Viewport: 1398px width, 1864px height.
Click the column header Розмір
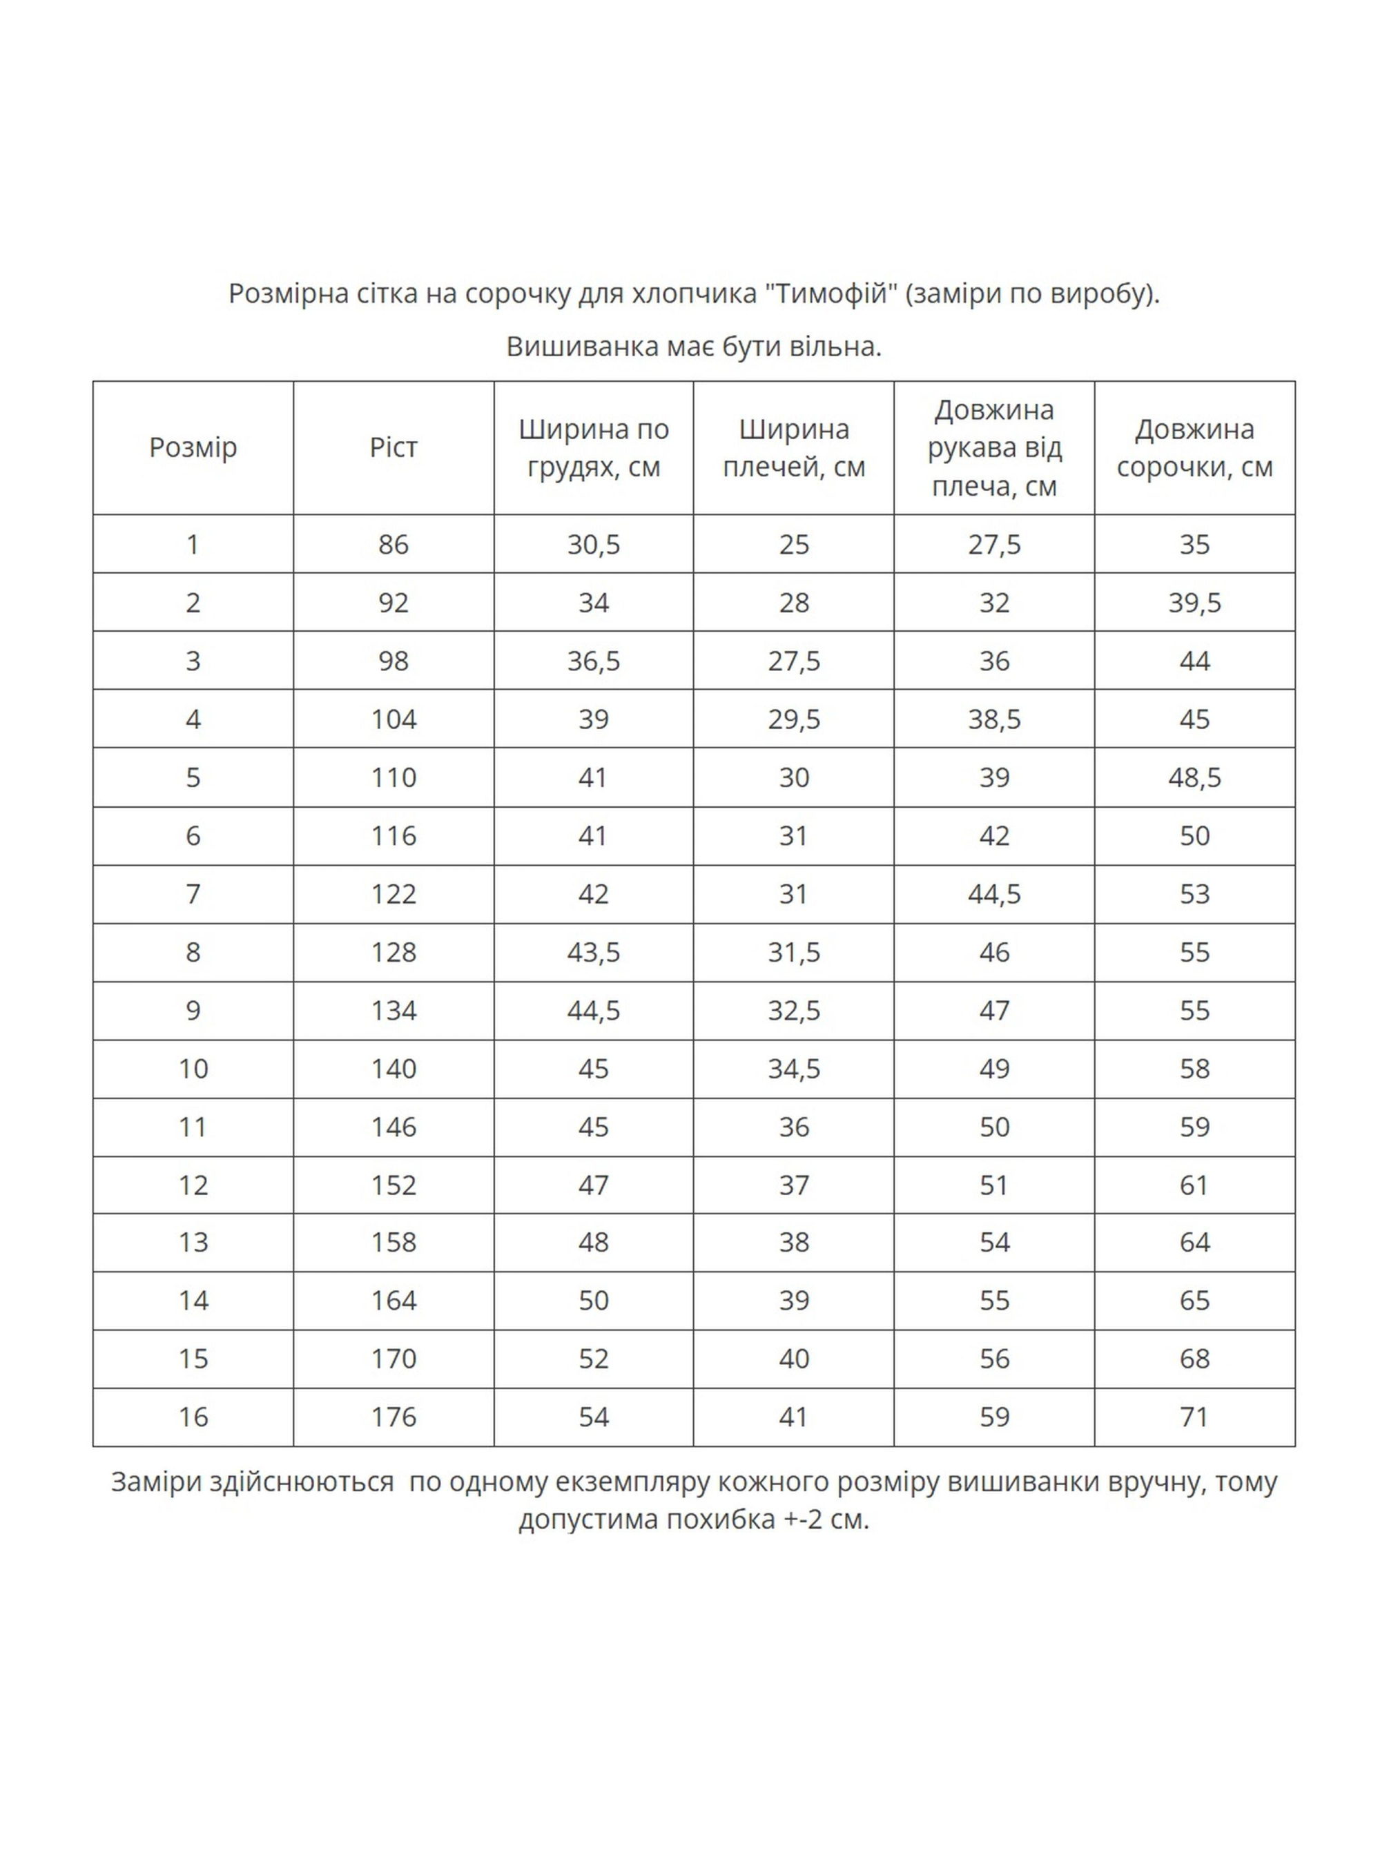pyautogui.click(x=193, y=447)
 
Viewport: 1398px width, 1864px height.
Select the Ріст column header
pyautogui.click(x=394, y=447)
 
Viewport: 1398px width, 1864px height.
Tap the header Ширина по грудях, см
pyautogui.click(x=593, y=447)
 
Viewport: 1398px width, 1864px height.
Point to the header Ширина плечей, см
pyautogui.click(x=794, y=447)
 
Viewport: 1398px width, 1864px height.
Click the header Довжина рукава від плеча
pyautogui.click(x=994, y=447)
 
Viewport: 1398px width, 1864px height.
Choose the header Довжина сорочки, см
pyautogui.click(x=1194, y=447)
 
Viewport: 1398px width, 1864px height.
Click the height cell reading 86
pyautogui.click(x=394, y=545)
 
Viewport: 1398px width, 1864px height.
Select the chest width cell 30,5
pyautogui.click(x=593, y=545)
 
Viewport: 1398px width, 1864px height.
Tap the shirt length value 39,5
pyautogui.click(x=1194, y=603)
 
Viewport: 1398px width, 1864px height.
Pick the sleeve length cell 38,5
pyautogui.click(x=994, y=719)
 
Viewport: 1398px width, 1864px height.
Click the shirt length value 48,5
pyautogui.click(x=1194, y=777)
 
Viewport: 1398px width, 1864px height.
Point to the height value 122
pyautogui.click(x=394, y=893)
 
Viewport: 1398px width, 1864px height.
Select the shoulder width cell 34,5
pyautogui.click(x=794, y=1069)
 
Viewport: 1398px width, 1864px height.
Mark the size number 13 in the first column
pyautogui.click(x=193, y=1242)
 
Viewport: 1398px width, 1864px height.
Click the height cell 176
pyautogui.click(x=394, y=1417)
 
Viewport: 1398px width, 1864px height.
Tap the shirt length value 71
pyautogui.click(x=1194, y=1417)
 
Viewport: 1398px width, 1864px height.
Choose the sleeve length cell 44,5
pyautogui.click(x=994, y=893)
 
